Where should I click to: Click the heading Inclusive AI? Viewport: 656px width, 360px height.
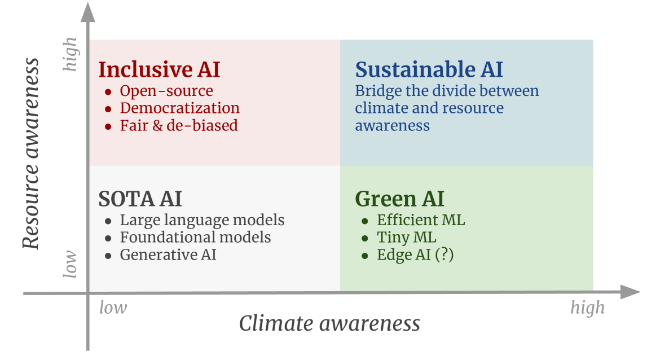pyautogui.click(x=159, y=69)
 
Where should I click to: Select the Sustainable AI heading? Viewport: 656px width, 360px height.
pyautogui.click(x=429, y=69)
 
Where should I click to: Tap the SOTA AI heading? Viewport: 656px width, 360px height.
pyautogui.click(x=140, y=199)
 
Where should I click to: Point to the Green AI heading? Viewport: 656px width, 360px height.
pyautogui.click(x=399, y=199)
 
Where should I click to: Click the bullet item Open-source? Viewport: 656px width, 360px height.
pyautogui.click(x=166, y=91)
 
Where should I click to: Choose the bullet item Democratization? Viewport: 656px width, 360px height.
pyautogui.click(x=180, y=108)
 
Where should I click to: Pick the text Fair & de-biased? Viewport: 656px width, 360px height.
pyautogui.click(x=179, y=126)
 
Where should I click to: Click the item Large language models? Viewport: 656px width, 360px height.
pyautogui.click(x=202, y=220)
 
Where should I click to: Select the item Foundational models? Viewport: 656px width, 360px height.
pyautogui.click(x=195, y=238)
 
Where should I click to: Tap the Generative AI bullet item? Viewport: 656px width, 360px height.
pyautogui.click(x=168, y=254)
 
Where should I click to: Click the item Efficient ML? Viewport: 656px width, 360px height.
pyautogui.click(x=421, y=220)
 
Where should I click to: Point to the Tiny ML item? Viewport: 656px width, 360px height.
pyautogui.click(x=407, y=238)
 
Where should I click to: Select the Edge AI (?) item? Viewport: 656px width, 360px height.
pyautogui.click(x=416, y=255)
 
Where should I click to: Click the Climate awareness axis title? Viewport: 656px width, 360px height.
pyautogui.click(x=329, y=323)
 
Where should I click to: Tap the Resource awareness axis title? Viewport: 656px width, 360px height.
pyautogui.click(x=30, y=153)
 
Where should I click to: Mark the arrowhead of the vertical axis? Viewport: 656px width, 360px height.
pyautogui.click(x=88, y=12)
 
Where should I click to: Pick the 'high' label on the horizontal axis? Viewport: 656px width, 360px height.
pyautogui.click(x=588, y=308)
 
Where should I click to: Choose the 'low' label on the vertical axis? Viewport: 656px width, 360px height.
pyautogui.click(x=70, y=264)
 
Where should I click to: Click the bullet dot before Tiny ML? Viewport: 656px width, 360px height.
pyautogui.click(x=365, y=239)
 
